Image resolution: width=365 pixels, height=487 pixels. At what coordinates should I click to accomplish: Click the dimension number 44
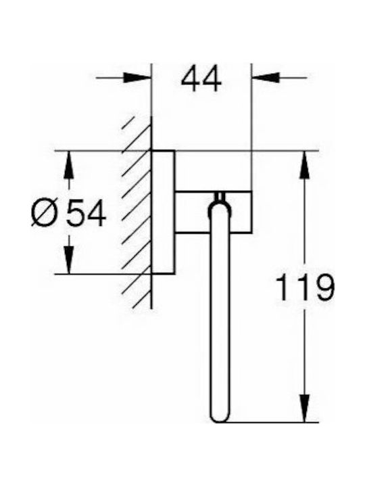pos(201,78)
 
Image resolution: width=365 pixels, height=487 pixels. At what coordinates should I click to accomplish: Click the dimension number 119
pos(306,287)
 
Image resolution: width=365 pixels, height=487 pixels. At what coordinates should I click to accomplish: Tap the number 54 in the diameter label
pos(87,213)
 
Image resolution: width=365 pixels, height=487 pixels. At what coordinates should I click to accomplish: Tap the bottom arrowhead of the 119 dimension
pos(304,409)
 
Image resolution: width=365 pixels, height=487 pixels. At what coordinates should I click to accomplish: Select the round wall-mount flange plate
pos(164,212)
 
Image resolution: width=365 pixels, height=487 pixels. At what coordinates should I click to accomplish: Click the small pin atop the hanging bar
pos(220,197)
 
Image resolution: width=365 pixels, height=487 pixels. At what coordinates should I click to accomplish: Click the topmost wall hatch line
pos(128,122)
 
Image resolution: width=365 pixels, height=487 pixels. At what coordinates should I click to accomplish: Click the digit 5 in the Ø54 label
pos(75,213)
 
